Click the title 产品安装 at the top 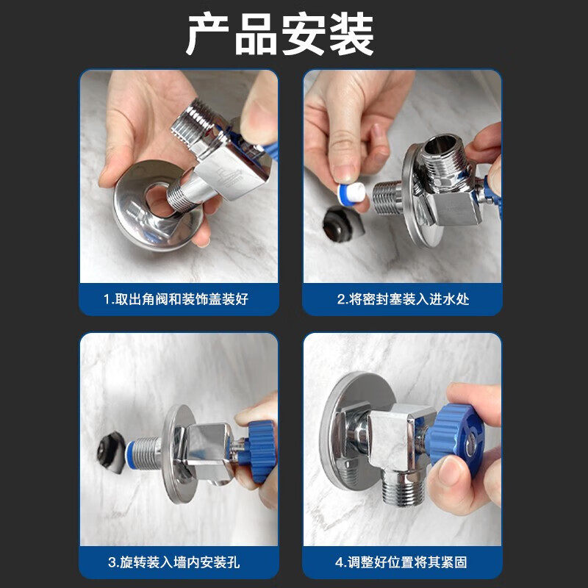280,34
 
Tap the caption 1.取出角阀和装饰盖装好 176,299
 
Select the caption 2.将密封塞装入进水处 403,299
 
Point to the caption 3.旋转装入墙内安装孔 173,562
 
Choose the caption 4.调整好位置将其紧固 401,562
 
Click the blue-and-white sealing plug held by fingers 351,193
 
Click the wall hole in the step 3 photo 111,452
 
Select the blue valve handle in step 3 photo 259,451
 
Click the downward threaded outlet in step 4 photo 403,488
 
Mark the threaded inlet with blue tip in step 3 143,453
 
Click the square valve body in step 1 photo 232,172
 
